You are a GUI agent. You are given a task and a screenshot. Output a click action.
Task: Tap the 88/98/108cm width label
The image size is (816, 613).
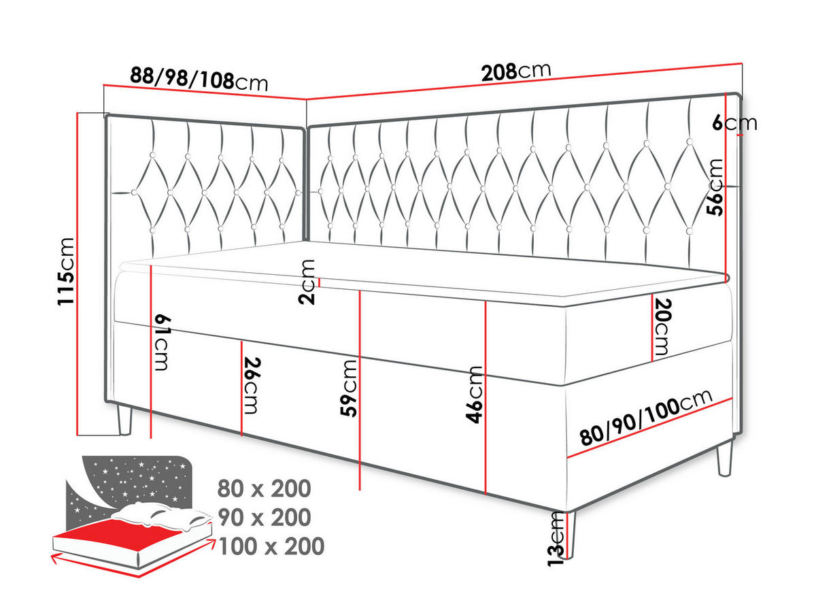click(199, 80)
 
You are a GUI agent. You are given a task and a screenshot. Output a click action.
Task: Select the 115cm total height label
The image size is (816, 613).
click(66, 271)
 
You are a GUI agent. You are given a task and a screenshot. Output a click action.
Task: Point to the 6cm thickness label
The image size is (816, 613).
click(734, 122)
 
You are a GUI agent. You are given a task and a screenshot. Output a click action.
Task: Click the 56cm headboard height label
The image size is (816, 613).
click(715, 187)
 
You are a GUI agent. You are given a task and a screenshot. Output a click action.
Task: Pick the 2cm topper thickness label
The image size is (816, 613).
click(307, 282)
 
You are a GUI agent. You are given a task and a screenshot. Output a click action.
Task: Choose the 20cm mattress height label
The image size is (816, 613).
click(662, 327)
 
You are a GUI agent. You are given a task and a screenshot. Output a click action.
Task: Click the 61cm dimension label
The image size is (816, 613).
click(162, 343)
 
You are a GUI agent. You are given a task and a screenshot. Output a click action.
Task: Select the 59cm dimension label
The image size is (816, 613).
click(348, 388)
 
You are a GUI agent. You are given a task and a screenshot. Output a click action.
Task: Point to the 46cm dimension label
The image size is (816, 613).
click(474, 395)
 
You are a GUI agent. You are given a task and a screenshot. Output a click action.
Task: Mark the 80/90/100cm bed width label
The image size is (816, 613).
click(646, 417)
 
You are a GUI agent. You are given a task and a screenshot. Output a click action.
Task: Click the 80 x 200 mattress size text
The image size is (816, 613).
click(264, 488)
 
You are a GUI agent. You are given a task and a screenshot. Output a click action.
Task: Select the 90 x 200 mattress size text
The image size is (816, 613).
click(265, 517)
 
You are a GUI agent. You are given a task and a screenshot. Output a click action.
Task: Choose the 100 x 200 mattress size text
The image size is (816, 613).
click(271, 546)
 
